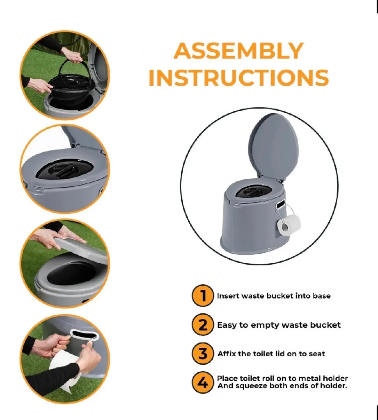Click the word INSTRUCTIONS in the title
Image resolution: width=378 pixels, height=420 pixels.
(x=238, y=78)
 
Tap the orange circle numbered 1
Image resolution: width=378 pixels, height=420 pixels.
(x=203, y=296)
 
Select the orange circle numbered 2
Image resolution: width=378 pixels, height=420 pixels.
(x=203, y=325)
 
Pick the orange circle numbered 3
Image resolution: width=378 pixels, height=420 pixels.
(x=203, y=354)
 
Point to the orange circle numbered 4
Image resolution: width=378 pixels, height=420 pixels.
(x=203, y=383)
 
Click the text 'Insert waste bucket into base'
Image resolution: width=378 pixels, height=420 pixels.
(x=273, y=296)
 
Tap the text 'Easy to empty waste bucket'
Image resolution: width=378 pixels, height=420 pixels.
(x=279, y=325)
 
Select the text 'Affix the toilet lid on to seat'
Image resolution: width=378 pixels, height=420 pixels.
(x=271, y=354)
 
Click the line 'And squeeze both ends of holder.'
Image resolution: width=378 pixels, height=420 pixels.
(x=282, y=386)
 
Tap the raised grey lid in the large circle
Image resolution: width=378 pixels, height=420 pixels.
(x=273, y=147)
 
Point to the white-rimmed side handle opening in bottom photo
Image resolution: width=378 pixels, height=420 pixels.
(x=84, y=336)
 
